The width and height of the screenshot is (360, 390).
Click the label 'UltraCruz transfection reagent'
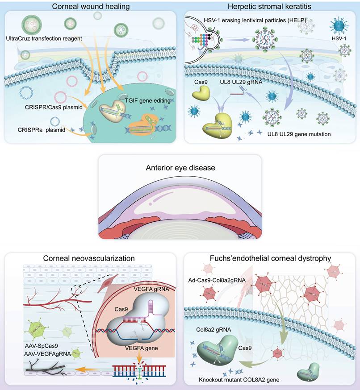tap(44, 39)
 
